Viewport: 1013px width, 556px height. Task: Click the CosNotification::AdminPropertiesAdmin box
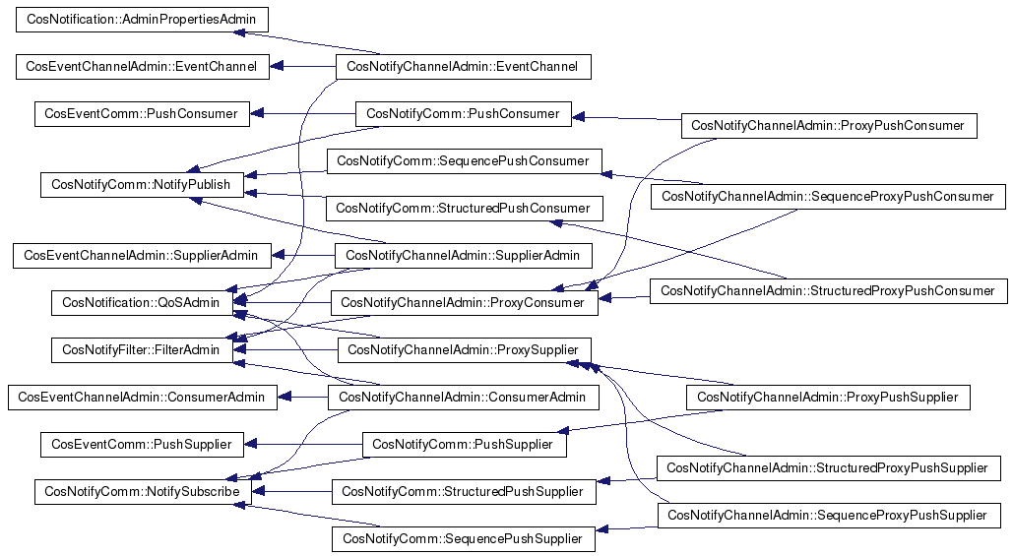tap(142, 20)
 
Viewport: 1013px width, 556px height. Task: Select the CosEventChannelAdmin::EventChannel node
tap(142, 67)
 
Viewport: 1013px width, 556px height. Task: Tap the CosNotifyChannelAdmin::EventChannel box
tap(464, 67)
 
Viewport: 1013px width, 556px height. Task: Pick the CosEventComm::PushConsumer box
tap(142, 113)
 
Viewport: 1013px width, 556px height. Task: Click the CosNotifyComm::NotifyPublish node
tap(142, 185)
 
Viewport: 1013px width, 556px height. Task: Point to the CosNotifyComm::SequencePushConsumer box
tap(464, 160)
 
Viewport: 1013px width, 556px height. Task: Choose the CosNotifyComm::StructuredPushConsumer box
tap(464, 208)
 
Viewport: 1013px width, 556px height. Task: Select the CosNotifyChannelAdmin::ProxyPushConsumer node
tap(829, 125)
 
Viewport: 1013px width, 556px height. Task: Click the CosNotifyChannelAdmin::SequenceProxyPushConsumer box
tap(828, 196)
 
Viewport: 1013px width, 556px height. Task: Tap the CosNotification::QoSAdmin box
tap(142, 303)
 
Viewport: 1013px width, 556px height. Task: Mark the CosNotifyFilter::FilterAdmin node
tap(142, 350)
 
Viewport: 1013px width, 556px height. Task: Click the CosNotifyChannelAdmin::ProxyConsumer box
tap(464, 303)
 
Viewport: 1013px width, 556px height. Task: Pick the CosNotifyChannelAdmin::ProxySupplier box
tap(464, 350)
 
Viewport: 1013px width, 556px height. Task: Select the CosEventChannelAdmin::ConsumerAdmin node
tap(142, 398)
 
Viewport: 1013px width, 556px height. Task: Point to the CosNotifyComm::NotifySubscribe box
tap(143, 492)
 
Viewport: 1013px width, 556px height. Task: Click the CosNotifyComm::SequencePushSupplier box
tap(464, 539)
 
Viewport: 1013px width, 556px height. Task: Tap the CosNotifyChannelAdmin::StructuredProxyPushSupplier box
tap(828, 468)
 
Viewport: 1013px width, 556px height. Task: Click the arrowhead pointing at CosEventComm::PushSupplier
tap(251, 444)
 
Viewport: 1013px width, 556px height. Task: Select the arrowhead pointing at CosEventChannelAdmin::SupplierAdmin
tap(279, 256)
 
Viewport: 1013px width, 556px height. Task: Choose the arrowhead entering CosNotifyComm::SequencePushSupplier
tap(601, 529)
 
